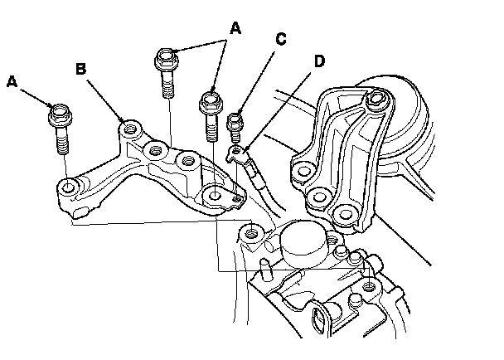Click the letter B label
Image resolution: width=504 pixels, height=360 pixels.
tap(80, 69)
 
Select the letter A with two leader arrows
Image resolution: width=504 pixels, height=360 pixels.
tap(235, 28)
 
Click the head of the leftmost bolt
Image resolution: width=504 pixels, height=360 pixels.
tap(61, 112)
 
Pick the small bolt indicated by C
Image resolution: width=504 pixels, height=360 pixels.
tap(235, 125)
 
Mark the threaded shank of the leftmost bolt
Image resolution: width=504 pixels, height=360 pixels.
tap(62, 141)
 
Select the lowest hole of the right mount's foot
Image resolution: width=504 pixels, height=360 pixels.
tap(341, 214)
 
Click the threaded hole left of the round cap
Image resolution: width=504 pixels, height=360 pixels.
tap(251, 236)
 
